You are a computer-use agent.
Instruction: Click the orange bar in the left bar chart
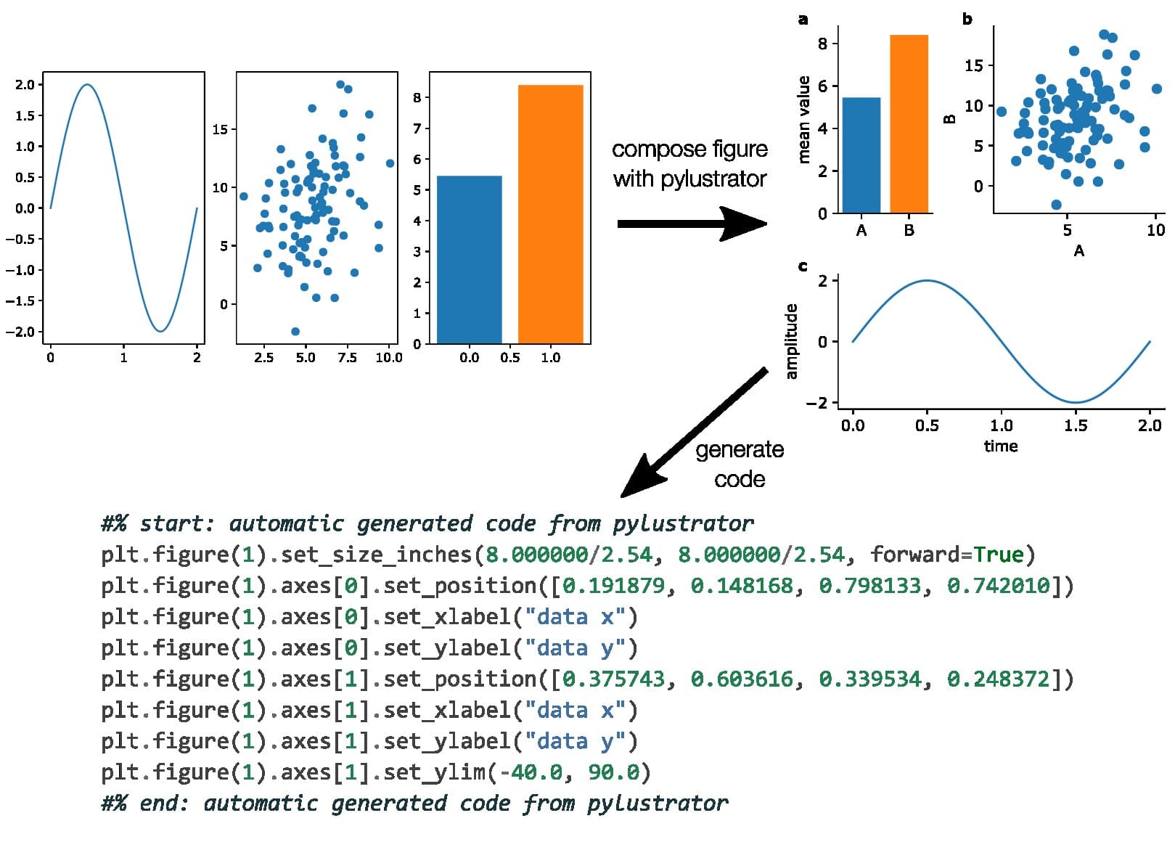click(x=550, y=214)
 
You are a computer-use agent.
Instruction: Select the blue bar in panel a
click(x=861, y=155)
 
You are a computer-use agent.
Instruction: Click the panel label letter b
click(x=967, y=20)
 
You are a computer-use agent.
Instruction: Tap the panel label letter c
click(x=803, y=266)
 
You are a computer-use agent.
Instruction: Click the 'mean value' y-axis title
click(x=803, y=120)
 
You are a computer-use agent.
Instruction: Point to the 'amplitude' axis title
click(x=791, y=341)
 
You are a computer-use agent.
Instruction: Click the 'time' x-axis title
click(x=1001, y=446)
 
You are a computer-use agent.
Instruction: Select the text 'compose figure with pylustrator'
click(x=689, y=164)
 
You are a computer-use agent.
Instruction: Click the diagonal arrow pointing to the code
click(x=693, y=434)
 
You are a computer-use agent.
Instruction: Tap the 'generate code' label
click(x=740, y=465)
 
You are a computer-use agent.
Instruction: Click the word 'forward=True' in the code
click(x=946, y=555)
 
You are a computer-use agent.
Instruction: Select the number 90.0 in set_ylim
click(x=614, y=772)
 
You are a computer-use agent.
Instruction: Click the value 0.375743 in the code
click(x=614, y=679)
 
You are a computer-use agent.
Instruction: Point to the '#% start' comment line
click(x=427, y=524)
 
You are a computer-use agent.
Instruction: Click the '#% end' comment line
click(x=414, y=804)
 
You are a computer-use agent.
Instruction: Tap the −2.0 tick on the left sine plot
click(x=20, y=332)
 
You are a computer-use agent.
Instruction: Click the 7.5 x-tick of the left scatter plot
click(x=348, y=357)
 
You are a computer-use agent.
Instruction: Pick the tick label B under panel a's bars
click(x=909, y=231)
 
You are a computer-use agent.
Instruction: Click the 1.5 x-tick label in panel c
click(x=1076, y=425)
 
